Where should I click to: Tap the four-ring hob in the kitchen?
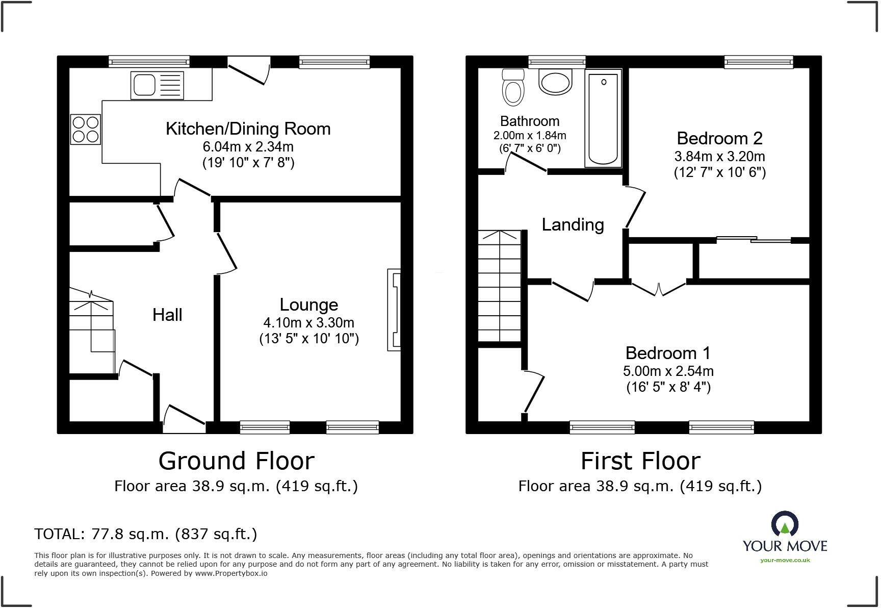click(86, 129)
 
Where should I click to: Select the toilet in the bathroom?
click(513, 87)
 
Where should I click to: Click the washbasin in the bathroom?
click(556, 82)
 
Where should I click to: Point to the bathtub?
click(603, 118)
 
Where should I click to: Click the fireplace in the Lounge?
click(394, 310)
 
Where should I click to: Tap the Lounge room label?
click(309, 305)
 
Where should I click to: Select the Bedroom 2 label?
click(719, 138)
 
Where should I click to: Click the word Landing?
click(573, 224)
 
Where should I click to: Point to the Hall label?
click(167, 315)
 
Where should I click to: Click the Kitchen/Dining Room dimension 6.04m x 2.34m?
click(248, 147)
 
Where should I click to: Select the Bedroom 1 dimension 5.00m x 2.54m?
click(668, 371)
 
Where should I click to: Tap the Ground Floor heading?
click(237, 461)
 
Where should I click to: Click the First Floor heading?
click(640, 461)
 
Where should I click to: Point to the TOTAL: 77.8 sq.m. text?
click(101, 534)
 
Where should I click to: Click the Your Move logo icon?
click(785, 524)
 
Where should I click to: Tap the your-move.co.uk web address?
click(785, 561)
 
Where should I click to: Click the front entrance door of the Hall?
click(185, 418)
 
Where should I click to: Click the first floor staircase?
click(499, 286)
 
